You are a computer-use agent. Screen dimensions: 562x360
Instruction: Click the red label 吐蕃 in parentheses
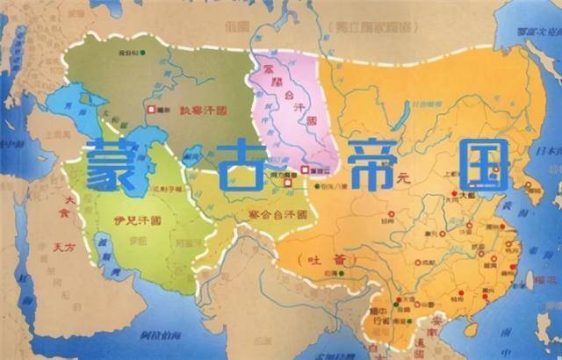(313, 260)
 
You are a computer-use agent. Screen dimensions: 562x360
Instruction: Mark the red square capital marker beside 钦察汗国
(153, 109)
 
